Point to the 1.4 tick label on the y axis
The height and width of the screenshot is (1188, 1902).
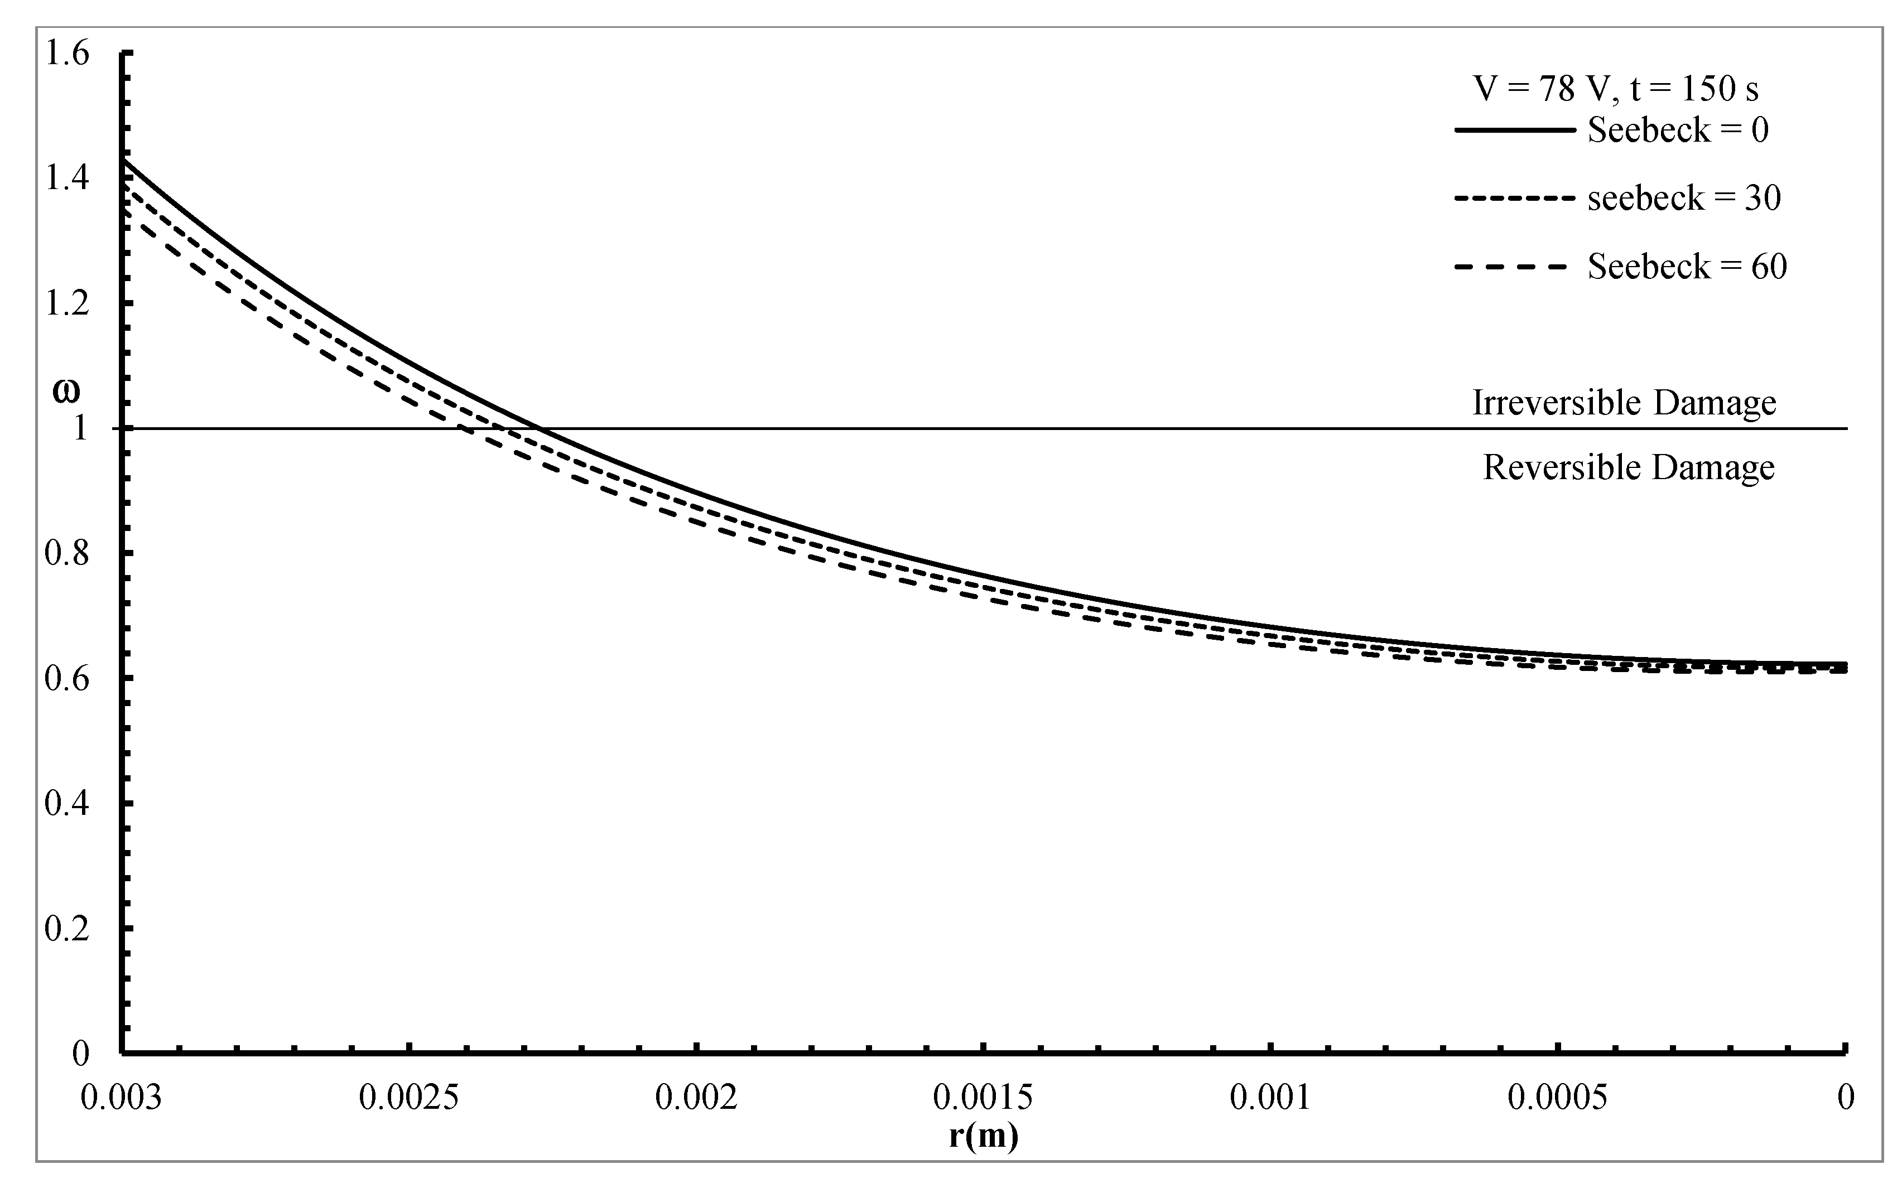(67, 178)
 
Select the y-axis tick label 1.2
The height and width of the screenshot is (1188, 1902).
(67, 303)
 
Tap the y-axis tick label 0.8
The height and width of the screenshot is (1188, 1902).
(67, 553)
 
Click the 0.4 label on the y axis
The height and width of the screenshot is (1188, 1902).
(67, 803)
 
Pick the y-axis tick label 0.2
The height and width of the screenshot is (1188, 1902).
(67, 928)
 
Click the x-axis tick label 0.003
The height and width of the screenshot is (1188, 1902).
(121, 1097)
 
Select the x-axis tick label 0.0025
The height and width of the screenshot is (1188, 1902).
(409, 1097)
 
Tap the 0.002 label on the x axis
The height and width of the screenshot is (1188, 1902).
(696, 1097)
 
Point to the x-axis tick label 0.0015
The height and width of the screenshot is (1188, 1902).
(983, 1097)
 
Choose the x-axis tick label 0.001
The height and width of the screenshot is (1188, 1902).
(1270, 1097)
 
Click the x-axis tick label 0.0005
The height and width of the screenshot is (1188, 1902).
(1557, 1097)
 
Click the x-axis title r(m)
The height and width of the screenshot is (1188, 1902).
(983, 1136)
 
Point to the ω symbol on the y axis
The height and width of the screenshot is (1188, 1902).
(66, 392)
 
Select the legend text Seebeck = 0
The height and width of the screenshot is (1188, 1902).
(1678, 129)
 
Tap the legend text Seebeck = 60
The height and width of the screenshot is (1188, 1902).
(1687, 267)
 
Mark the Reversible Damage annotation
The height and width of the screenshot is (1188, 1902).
(1629, 467)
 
